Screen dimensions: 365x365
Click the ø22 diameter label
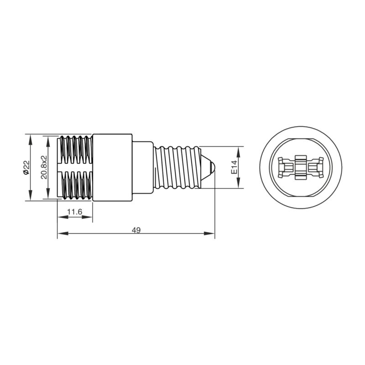tap(26, 168)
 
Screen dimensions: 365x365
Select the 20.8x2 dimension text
tap(44, 168)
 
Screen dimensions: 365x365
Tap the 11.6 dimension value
tap(74, 212)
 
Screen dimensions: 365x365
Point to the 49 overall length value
tap(136, 230)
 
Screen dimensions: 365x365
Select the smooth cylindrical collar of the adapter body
tap(113, 167)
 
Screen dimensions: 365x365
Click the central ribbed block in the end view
tap(300, 167)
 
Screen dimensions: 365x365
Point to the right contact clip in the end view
tap(315, 167)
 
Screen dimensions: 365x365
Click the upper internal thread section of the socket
tap(76, 151)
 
